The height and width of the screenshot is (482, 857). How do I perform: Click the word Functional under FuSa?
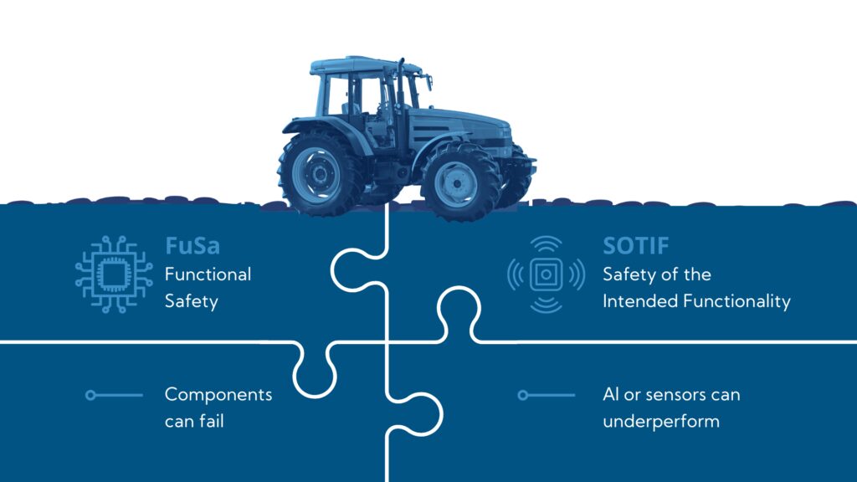click(x=208, y=274)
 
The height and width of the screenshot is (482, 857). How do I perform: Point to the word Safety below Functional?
click(x=191, y=300)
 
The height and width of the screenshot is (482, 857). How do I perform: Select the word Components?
click(x=218, y=394)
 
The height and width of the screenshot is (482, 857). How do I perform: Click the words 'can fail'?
click(x=194, y=421)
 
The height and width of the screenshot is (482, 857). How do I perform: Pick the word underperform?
click(x=661, y=421)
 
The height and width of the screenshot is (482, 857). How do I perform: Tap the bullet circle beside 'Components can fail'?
click(x=90, y=395)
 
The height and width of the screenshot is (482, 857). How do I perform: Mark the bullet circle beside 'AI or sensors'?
click(x=522, y=395)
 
